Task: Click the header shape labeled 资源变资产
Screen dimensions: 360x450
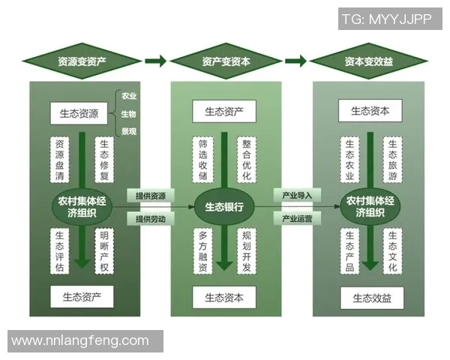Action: (82, 61)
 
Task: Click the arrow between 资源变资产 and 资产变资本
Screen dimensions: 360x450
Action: (155, 61)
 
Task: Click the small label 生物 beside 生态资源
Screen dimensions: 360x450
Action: (128, 114)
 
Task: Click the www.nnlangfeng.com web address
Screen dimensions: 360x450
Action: (80, 341)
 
